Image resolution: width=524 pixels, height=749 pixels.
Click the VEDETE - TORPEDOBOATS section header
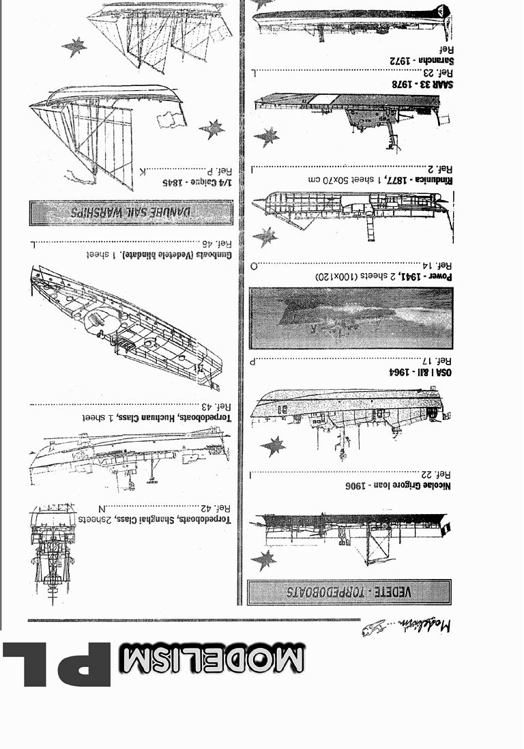pos(349,591)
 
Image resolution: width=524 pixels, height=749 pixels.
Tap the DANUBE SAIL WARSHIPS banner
pos(131,212)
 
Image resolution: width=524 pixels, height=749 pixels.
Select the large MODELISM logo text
pos(212,660)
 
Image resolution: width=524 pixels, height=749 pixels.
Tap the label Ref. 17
pos(435,361)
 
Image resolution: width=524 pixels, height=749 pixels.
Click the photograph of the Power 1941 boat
pos(351,318)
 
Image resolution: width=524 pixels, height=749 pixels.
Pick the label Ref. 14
pos(435,266)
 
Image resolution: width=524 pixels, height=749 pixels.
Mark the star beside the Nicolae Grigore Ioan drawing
pos(264,560)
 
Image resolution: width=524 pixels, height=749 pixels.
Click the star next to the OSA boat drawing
pos(273,447)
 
